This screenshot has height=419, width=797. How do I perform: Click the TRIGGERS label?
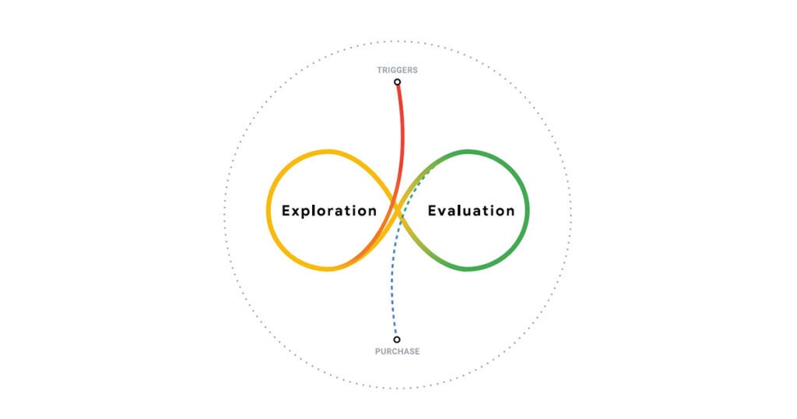pos(397,70)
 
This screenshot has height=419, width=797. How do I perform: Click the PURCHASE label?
pos(397,351)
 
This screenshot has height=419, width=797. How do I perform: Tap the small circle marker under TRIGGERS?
pos(397,82)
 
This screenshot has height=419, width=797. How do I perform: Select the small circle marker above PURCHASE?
pos(397,340)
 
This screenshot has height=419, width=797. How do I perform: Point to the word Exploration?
pos(329,210)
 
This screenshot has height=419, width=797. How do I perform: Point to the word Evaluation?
pos(471,210)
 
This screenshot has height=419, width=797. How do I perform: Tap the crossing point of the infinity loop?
pos(398,210)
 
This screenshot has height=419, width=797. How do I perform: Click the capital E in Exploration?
pos(286,210)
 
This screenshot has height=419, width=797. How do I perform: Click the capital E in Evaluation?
pos(432,210)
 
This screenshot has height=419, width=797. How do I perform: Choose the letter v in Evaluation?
pos(443,211)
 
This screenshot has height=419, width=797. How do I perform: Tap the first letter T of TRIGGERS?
pos(380,70)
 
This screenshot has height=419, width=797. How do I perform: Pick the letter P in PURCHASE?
pos(377,351)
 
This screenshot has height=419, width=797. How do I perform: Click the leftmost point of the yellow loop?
pos(269,210)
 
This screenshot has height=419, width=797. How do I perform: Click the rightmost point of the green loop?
pos(528,210)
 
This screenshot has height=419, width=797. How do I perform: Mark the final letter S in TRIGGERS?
pos(415,70)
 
